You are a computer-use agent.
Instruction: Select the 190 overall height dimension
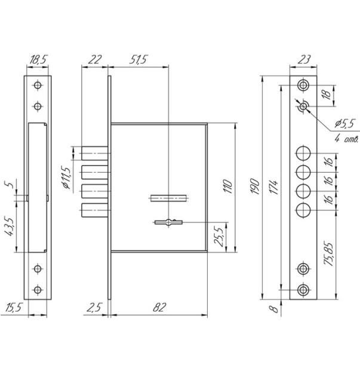tap(255, 186)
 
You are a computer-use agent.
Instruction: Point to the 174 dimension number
tap(274, 187)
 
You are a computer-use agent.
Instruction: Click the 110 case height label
tap(228, 186)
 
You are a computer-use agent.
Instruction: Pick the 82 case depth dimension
tap(159, 307)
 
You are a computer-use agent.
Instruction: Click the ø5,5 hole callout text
tap(345, 123)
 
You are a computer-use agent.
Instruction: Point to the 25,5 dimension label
tap(219, 237)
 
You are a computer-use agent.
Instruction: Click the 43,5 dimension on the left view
tap(10, 227)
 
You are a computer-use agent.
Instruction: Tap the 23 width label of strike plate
tap(304, 60)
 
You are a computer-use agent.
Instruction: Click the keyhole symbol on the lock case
tap(168, 222)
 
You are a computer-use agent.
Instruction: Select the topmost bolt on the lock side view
tap(96, 153)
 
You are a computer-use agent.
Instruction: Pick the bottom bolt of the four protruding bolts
tap(96, 210)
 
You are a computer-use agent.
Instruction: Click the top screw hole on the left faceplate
tap(38, 85)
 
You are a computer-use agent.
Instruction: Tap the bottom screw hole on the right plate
tap(303, 290)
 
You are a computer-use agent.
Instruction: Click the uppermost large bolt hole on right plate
tap(303, 153)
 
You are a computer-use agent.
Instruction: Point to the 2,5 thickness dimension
tap(94, 307)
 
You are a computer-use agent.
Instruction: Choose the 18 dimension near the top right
tap(327, 94)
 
